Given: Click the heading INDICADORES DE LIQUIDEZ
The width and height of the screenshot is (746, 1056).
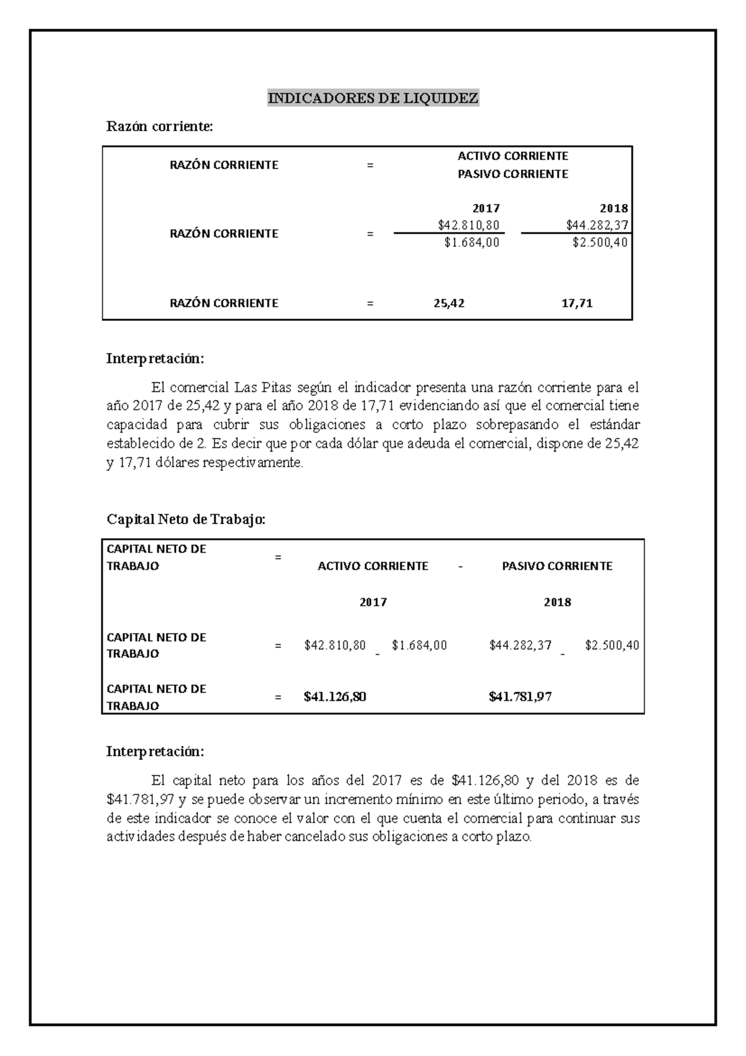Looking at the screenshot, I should pos(373,98).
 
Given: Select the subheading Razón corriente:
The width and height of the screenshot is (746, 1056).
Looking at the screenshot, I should pos(160,126).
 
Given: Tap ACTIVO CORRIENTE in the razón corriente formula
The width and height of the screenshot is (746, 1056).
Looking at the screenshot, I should pos(513,155).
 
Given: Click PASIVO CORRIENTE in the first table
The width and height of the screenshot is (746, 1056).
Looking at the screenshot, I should pos(513,174).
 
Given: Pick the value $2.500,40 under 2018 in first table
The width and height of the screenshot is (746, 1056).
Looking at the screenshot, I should pos(600,243).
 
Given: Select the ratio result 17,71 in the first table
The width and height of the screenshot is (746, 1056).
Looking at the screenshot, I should pos(577,303).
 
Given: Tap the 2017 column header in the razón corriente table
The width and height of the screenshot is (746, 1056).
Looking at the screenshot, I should pos(486,208).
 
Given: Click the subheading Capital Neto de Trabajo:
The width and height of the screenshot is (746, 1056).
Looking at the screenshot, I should pos(186,519).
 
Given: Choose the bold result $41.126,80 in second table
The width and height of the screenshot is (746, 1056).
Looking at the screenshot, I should pos(334,697).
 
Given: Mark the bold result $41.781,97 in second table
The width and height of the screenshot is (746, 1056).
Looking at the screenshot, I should pos(520,697).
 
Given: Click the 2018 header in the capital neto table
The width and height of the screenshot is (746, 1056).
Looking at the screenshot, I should pos(557,602).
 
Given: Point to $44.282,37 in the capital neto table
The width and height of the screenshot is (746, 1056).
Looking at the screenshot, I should pos(520,646).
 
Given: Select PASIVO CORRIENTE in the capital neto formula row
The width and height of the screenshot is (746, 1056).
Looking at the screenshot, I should pos(557,566).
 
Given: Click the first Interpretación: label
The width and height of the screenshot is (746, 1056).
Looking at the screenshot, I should pos(155,359).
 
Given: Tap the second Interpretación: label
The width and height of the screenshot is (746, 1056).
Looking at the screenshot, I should pos(155,751).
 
